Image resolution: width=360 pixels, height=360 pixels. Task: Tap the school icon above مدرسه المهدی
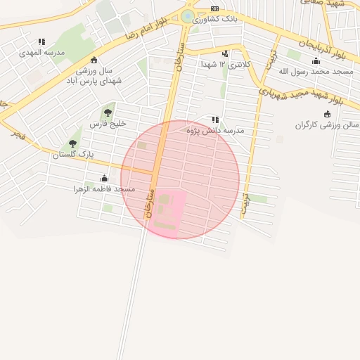pos(41,42)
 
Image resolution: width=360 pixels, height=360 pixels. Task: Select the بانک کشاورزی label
pos(215,18)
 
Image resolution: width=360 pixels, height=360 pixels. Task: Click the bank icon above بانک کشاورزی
pos(214,8)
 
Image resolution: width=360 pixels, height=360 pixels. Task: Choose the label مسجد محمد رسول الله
pos(314,71)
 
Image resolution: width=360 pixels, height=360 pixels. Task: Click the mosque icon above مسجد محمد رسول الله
pos(315,61)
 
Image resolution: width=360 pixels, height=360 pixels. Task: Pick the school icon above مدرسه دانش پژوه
pos(214,120)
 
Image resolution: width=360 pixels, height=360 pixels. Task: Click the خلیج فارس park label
pos(108,123)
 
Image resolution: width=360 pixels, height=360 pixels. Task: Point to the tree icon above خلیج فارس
pos(108,112)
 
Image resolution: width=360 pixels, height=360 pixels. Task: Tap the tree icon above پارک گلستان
pos(73,143)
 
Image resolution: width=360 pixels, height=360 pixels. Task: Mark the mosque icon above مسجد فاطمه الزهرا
pos(104,179)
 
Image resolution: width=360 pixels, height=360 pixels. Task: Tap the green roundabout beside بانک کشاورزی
pos(188,16)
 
